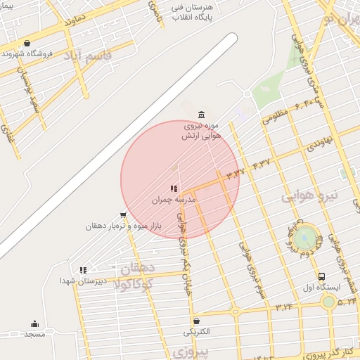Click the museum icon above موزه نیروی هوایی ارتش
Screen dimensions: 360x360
(202, 115)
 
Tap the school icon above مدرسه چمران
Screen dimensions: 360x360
(174, 188)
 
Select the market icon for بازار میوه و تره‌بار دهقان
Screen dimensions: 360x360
(124, 215)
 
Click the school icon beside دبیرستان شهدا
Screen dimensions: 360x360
(83, 269)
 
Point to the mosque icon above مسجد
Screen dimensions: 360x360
(34, 323)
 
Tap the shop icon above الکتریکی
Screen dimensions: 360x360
(196, 321)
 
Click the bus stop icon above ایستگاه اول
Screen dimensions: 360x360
(321, 276)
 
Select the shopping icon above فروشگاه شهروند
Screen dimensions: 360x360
(27, 44)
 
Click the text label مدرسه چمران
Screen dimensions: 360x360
(174, 200)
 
